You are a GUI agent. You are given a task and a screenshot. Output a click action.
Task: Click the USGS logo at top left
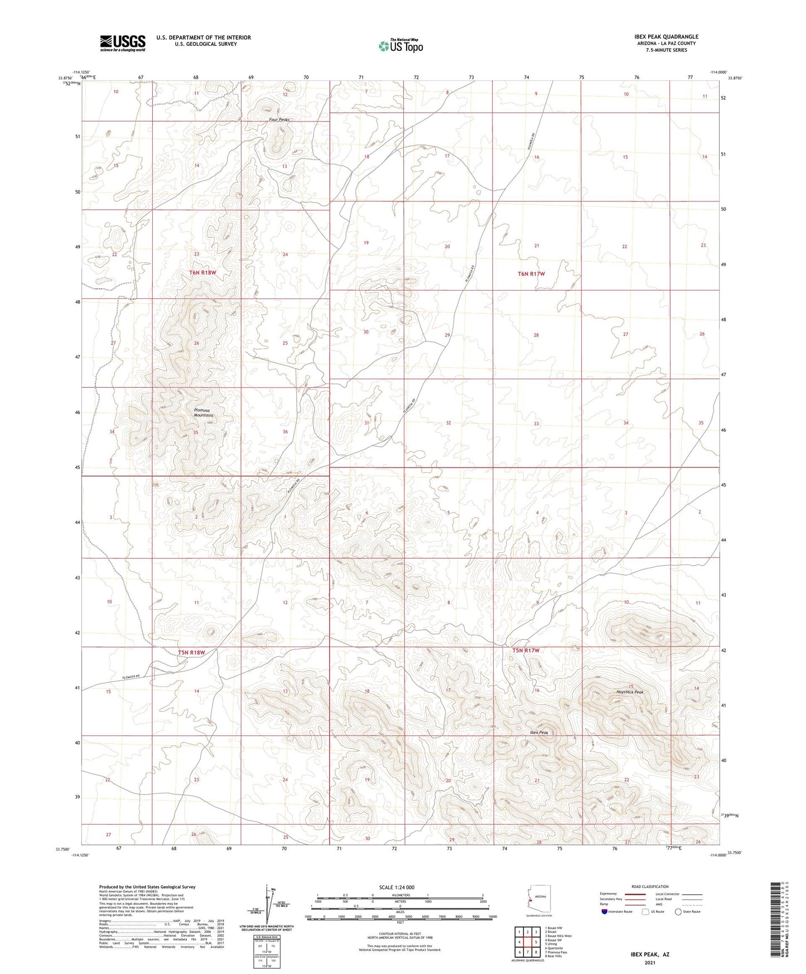tap(123, 43)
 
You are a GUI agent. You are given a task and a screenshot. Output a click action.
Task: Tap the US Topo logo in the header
tap(400, 46)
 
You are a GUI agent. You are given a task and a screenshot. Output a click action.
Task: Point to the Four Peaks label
tap(279, 119)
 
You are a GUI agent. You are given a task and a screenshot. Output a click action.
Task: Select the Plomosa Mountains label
tap(204, 412)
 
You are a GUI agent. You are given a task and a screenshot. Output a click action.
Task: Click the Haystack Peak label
tap(630, 692)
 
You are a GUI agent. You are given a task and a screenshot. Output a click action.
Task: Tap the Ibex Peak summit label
tap(539, 732)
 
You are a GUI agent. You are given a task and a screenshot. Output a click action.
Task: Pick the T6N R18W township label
tap(202, 272)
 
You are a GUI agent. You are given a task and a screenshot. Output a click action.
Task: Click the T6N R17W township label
tap(531, 274)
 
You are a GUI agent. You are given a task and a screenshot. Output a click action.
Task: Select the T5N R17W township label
tap(526, 650)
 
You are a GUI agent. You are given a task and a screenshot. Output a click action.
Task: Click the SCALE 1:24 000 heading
tap(397, 887)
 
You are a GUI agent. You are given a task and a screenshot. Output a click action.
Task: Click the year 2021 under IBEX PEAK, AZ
tap(649, 963)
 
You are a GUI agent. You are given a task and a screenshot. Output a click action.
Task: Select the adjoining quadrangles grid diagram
tap(527, 943)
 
